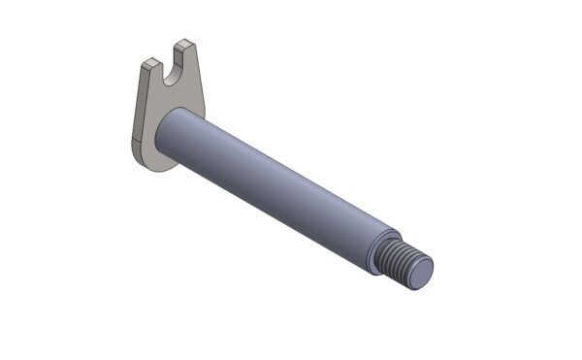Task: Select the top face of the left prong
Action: click(149, 63)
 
